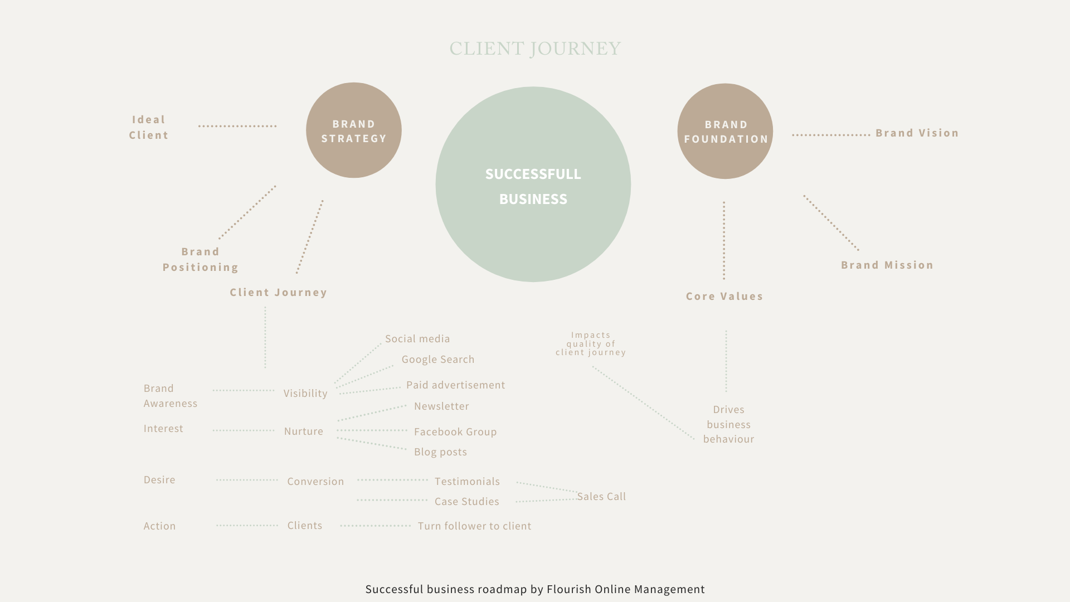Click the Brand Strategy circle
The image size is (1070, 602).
click(354, 130)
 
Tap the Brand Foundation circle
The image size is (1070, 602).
click(725, 132)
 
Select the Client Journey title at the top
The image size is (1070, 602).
click(535, 49)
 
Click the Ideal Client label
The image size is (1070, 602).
click(149, 127)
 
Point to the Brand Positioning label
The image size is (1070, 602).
click(201, 259)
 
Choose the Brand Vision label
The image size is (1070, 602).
click(917, 133)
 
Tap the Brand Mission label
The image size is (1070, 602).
click(887, 265)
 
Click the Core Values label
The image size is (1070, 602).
click(724, 297)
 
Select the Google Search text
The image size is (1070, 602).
click(438, 360)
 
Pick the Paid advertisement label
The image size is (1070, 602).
click(455, 385)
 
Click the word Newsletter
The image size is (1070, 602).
click(441, 406)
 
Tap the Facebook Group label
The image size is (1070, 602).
click(455, 432)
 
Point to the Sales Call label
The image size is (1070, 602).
click(601, 497)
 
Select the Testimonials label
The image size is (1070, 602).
click(467, 482)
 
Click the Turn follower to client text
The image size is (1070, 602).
click(474, 526)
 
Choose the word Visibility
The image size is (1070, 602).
click(305, 394)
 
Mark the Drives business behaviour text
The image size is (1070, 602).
click(728, 424)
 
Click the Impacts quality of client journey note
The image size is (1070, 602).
click(591, 344)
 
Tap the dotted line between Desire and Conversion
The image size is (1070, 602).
click(247, 480)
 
